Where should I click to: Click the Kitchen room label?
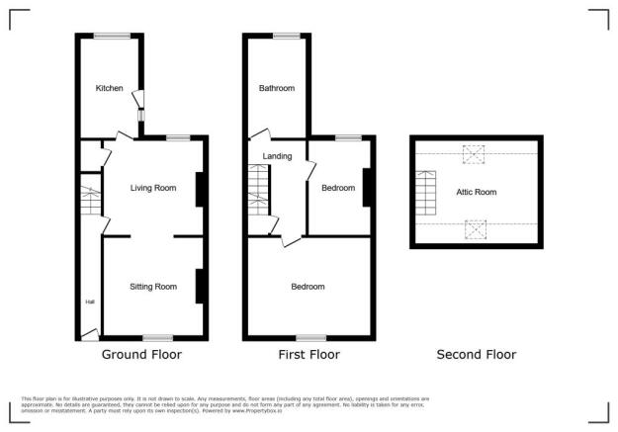click(109, 88)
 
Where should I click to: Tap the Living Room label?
click(153, 187)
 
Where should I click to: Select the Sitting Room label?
click(153, 287)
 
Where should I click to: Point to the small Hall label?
click(89, 302)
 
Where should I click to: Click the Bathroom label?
click(277, 88)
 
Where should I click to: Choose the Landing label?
click(277, 155)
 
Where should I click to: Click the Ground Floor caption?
click(141, 354)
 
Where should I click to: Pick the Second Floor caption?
click(476, 354)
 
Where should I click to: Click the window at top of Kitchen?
click(112, 36)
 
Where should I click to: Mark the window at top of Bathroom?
click(286, 36)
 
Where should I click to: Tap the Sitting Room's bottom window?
click(157, 338)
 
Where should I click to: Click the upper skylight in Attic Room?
click(475, 153)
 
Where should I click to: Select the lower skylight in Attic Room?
click(475, 230)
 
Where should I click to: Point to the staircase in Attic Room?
click(426, 194)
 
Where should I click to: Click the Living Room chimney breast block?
click(201, 189)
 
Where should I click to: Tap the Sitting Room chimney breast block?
click(201, 287)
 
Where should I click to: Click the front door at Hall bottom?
click(89, 334)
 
